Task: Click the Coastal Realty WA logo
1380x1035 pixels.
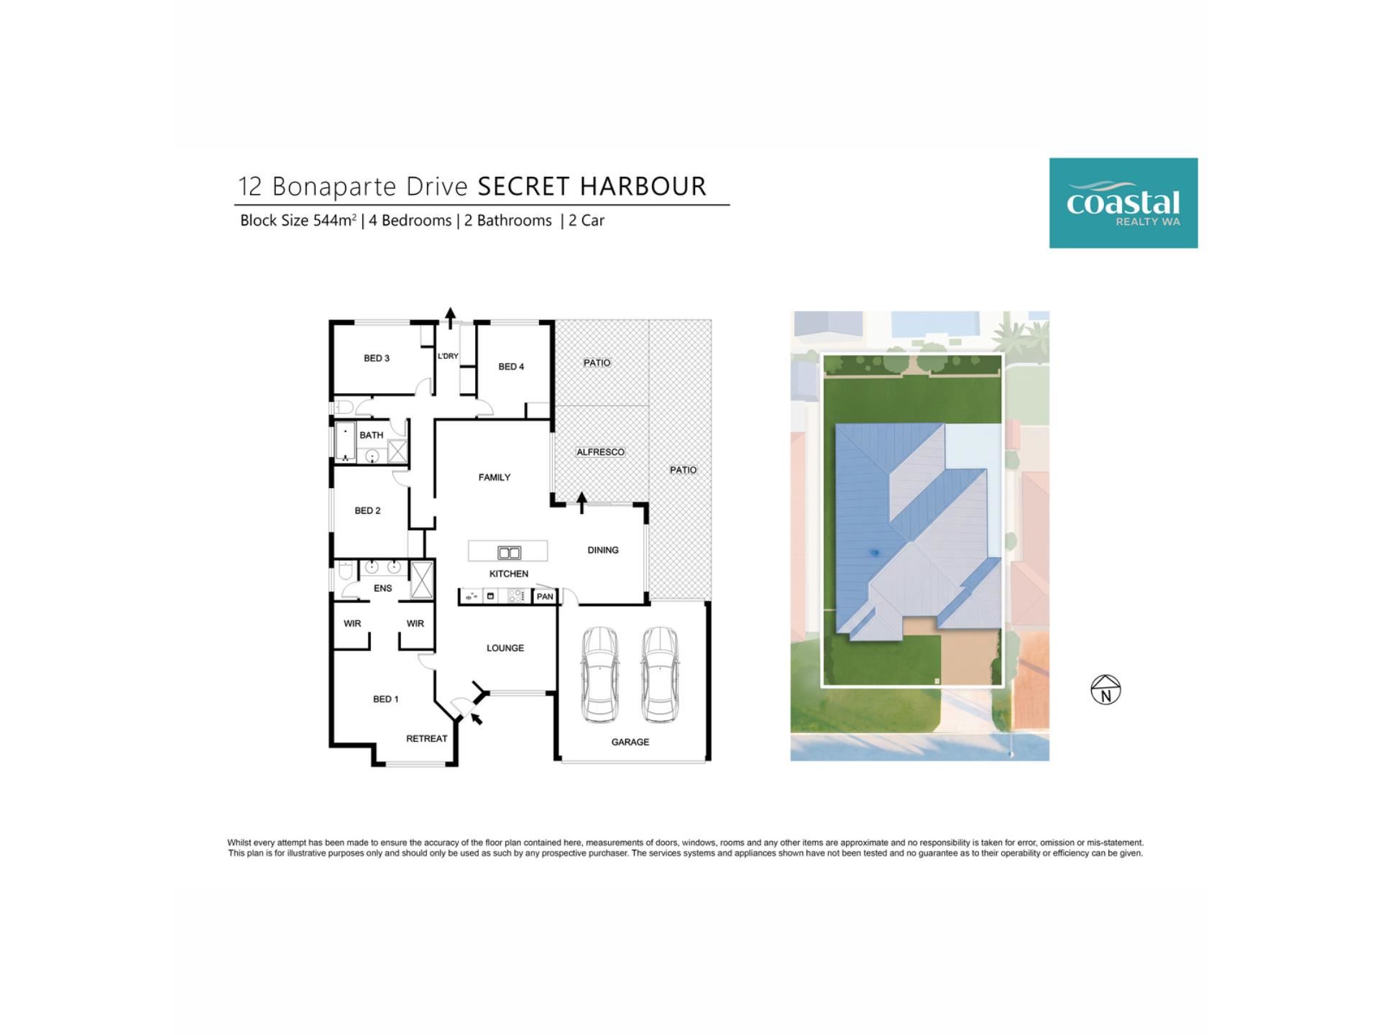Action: click(1123, 203)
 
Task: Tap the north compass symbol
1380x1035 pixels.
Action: click(1105, 690)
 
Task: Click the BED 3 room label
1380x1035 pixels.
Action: click(377, 358)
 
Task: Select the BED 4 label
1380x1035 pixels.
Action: click(511, 367)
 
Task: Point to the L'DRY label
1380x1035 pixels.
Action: click(448, 356)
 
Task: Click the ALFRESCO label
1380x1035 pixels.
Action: click(600, 452)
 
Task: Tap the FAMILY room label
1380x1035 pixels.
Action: click(494, 477)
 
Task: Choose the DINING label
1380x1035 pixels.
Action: click(603, 550)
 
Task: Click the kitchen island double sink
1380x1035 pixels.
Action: click(509, 553)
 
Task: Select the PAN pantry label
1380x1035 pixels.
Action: click(545, 597)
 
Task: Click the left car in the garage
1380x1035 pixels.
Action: click(599, 674)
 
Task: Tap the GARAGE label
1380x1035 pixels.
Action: click(630, 742)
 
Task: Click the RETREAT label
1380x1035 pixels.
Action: click(427, 738)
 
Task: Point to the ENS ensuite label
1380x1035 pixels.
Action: click(383, 588)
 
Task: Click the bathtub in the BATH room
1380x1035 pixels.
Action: click(346, 441)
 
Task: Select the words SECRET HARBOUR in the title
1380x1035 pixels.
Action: click(592, 186)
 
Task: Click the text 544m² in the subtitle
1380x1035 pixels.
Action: click(335, 220)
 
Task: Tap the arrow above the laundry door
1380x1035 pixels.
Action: click(451, 318)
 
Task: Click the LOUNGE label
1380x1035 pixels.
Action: click(505, 648)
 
